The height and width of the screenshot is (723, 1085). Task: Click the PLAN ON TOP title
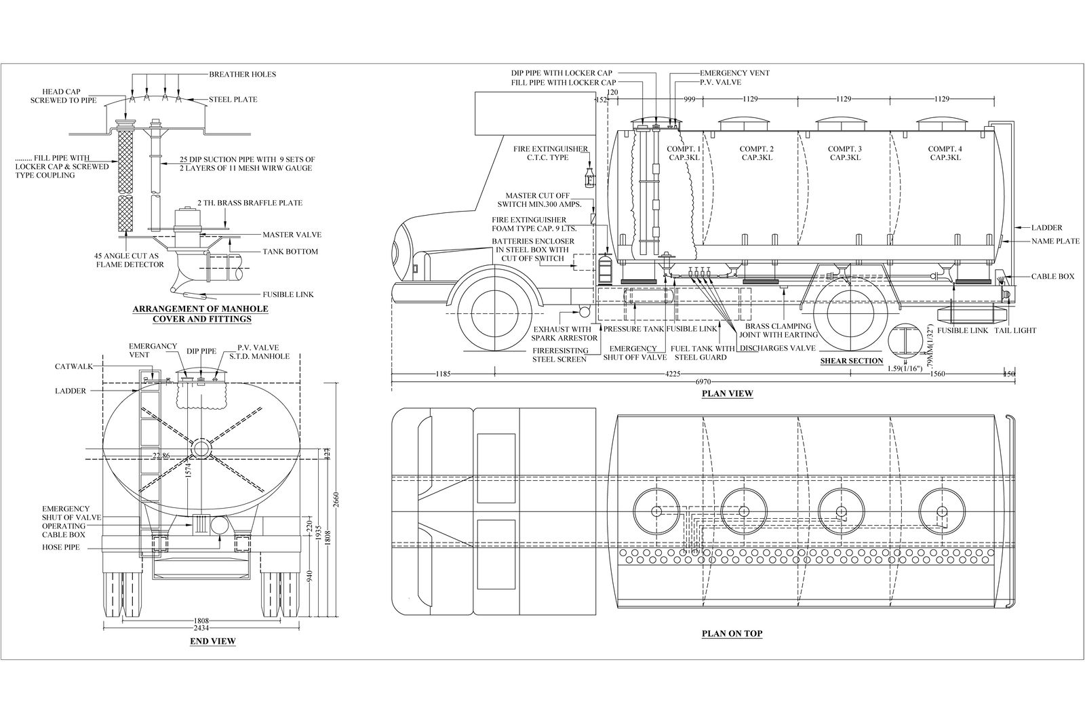pos(732,634)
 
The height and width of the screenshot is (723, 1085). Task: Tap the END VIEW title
pos(212,641)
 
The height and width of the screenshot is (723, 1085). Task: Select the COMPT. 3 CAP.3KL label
pos(845,153)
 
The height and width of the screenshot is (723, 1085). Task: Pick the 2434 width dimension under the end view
pos(201,629)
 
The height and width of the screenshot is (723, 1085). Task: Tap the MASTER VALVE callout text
pos(292,235)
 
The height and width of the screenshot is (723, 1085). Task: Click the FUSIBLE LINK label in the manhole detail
pos(288,294)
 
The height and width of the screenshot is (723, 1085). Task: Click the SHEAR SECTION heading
pos(851,361)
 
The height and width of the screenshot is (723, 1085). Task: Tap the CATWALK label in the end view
pos(70,366)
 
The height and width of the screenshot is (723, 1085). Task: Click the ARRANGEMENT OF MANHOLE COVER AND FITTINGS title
pos(200,313)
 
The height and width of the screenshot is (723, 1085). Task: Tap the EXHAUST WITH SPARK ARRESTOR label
pos(564,332)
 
